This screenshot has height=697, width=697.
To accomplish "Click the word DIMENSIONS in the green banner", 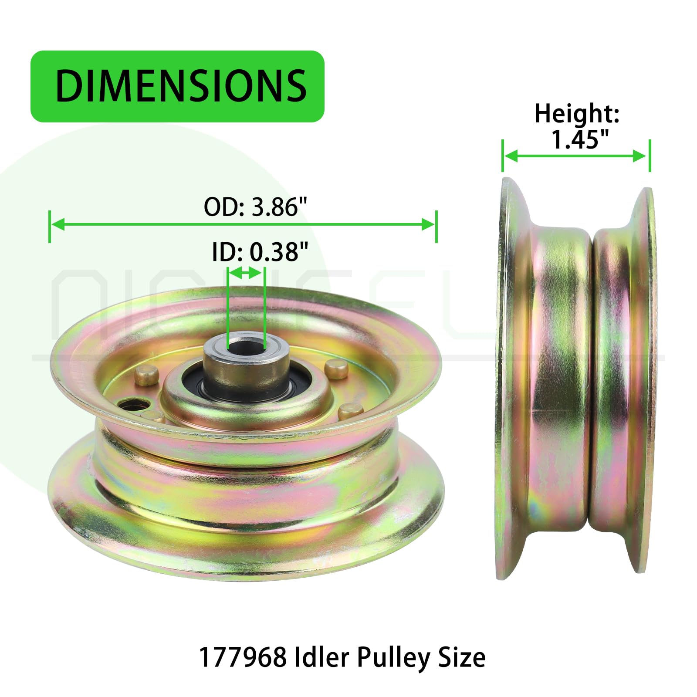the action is coord(181,85).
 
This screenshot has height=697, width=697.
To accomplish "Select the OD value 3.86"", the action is coord(280,207).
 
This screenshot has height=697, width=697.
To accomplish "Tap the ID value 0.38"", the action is coord(279,252).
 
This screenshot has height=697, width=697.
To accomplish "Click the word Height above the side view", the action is coord(577,114).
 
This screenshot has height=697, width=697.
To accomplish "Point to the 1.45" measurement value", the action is coord(580,139).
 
